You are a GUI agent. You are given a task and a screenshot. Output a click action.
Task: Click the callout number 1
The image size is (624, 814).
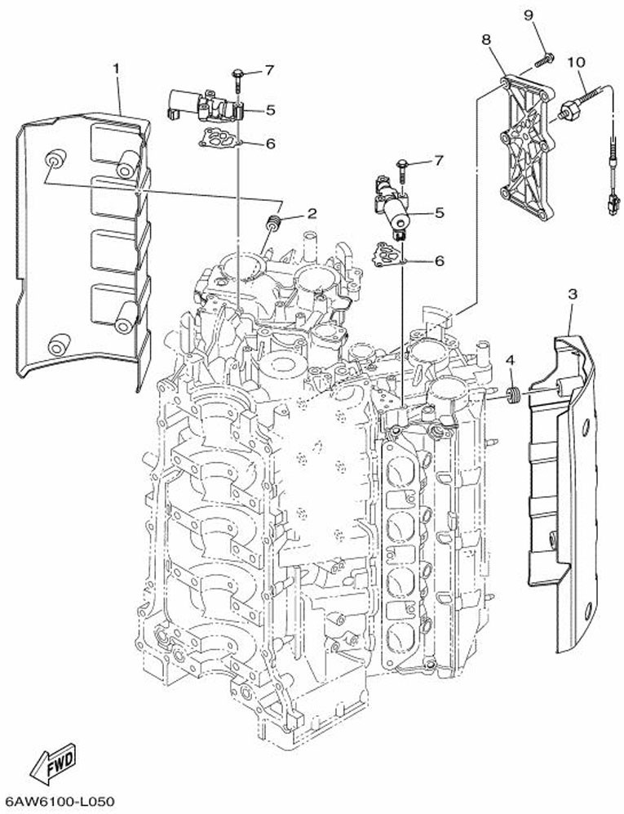pos(116,69)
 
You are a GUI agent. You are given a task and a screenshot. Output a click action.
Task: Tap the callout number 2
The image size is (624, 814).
pos(312,213)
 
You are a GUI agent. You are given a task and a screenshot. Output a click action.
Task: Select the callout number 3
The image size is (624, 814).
pos(572,295)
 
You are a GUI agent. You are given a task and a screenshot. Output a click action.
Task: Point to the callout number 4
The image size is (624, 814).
pos(511,359)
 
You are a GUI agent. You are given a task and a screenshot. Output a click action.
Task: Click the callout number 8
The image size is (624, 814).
pos(486,39)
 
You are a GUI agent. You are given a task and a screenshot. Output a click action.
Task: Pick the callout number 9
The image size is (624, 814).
pos(529,15)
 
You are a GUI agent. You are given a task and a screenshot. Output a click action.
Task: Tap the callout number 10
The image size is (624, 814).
pos(576,62)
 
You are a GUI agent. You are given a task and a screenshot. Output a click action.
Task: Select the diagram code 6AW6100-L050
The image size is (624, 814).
pos(59,802)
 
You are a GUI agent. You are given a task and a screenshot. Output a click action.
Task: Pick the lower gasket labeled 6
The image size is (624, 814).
pos(387,256)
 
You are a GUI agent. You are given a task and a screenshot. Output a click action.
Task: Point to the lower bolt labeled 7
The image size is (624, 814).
pos(402,170)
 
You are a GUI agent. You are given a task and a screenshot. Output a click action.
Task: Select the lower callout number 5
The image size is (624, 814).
pos(440,213)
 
